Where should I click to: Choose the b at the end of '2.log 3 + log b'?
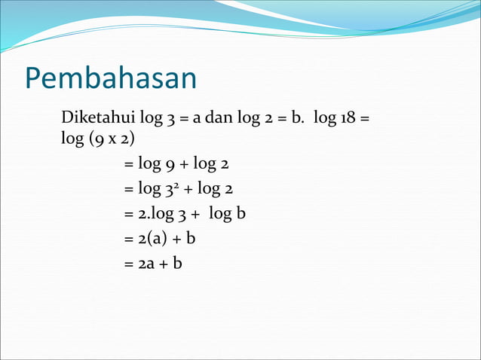point(241,214)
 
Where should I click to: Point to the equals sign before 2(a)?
point(128,239)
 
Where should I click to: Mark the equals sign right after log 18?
point(366,121)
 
